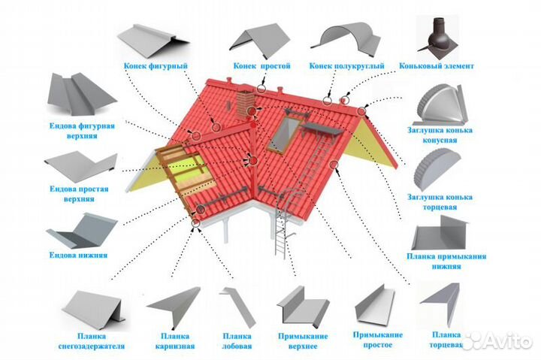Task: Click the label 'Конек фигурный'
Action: point(156,65)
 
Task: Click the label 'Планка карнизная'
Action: point(177,340)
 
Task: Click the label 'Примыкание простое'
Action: point(377,339)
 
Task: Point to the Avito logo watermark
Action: point(499,340)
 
